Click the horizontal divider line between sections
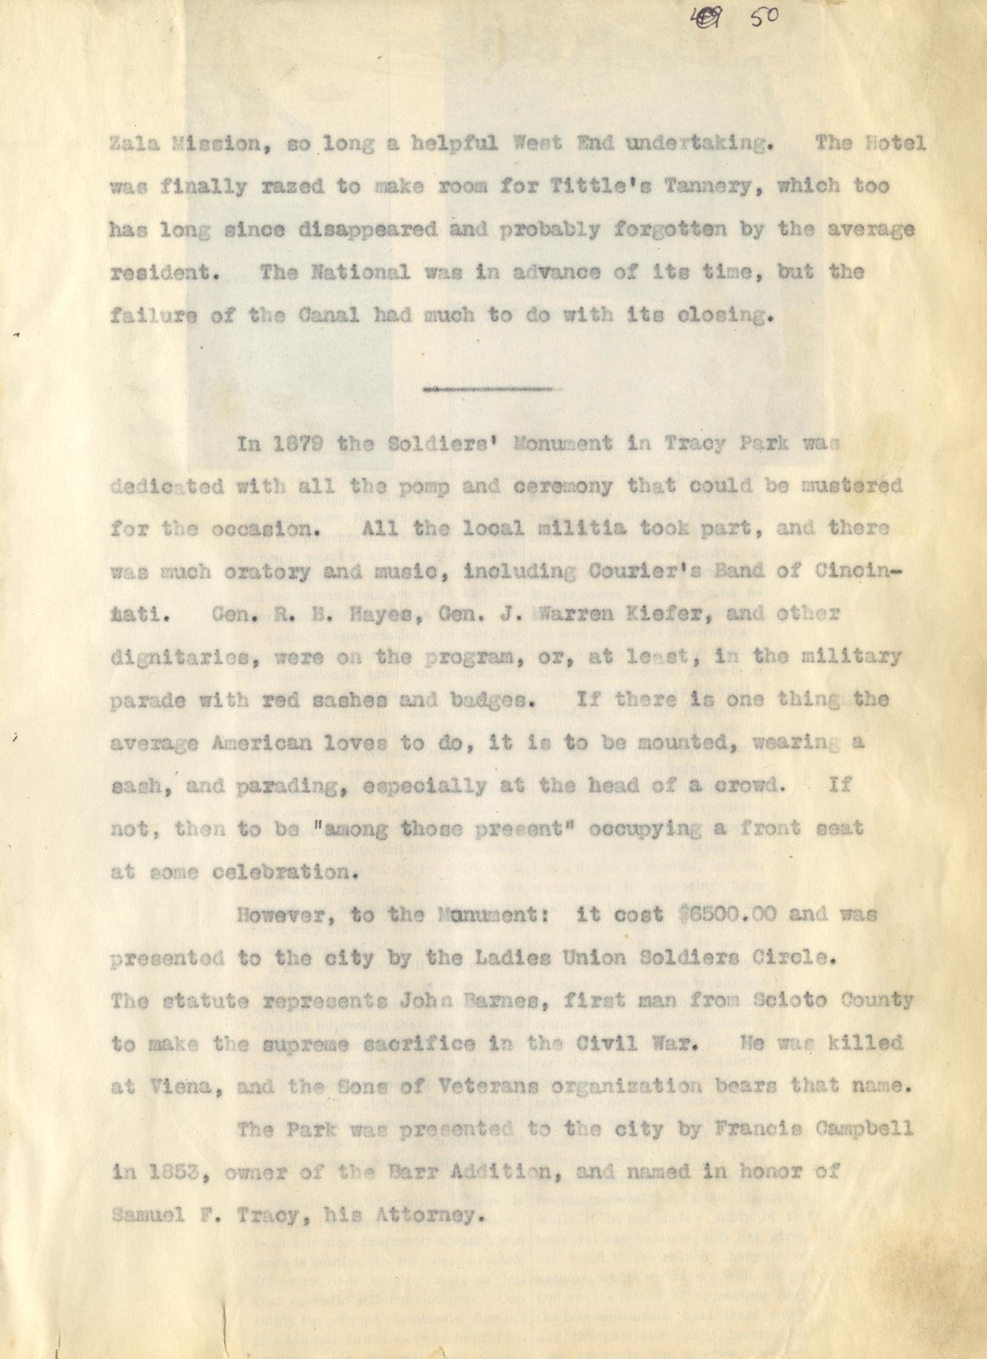(x=488, y=390)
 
